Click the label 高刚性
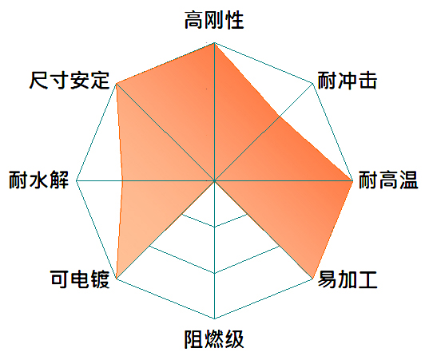214,20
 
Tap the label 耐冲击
348,81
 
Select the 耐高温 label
388,180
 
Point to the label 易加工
348,279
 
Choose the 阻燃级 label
214,339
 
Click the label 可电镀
80,279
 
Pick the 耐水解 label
38,180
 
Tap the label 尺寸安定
70,81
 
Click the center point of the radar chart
214,180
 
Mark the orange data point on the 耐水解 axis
122,180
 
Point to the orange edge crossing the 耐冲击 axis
280,117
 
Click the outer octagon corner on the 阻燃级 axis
214,318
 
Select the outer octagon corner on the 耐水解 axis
77,180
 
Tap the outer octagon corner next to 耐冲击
312,83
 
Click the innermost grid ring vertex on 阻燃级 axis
214,227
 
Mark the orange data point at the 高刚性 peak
214,43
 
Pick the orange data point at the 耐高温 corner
352,180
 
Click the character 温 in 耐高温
409,180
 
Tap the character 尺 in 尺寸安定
39,81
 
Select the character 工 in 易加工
368,279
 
